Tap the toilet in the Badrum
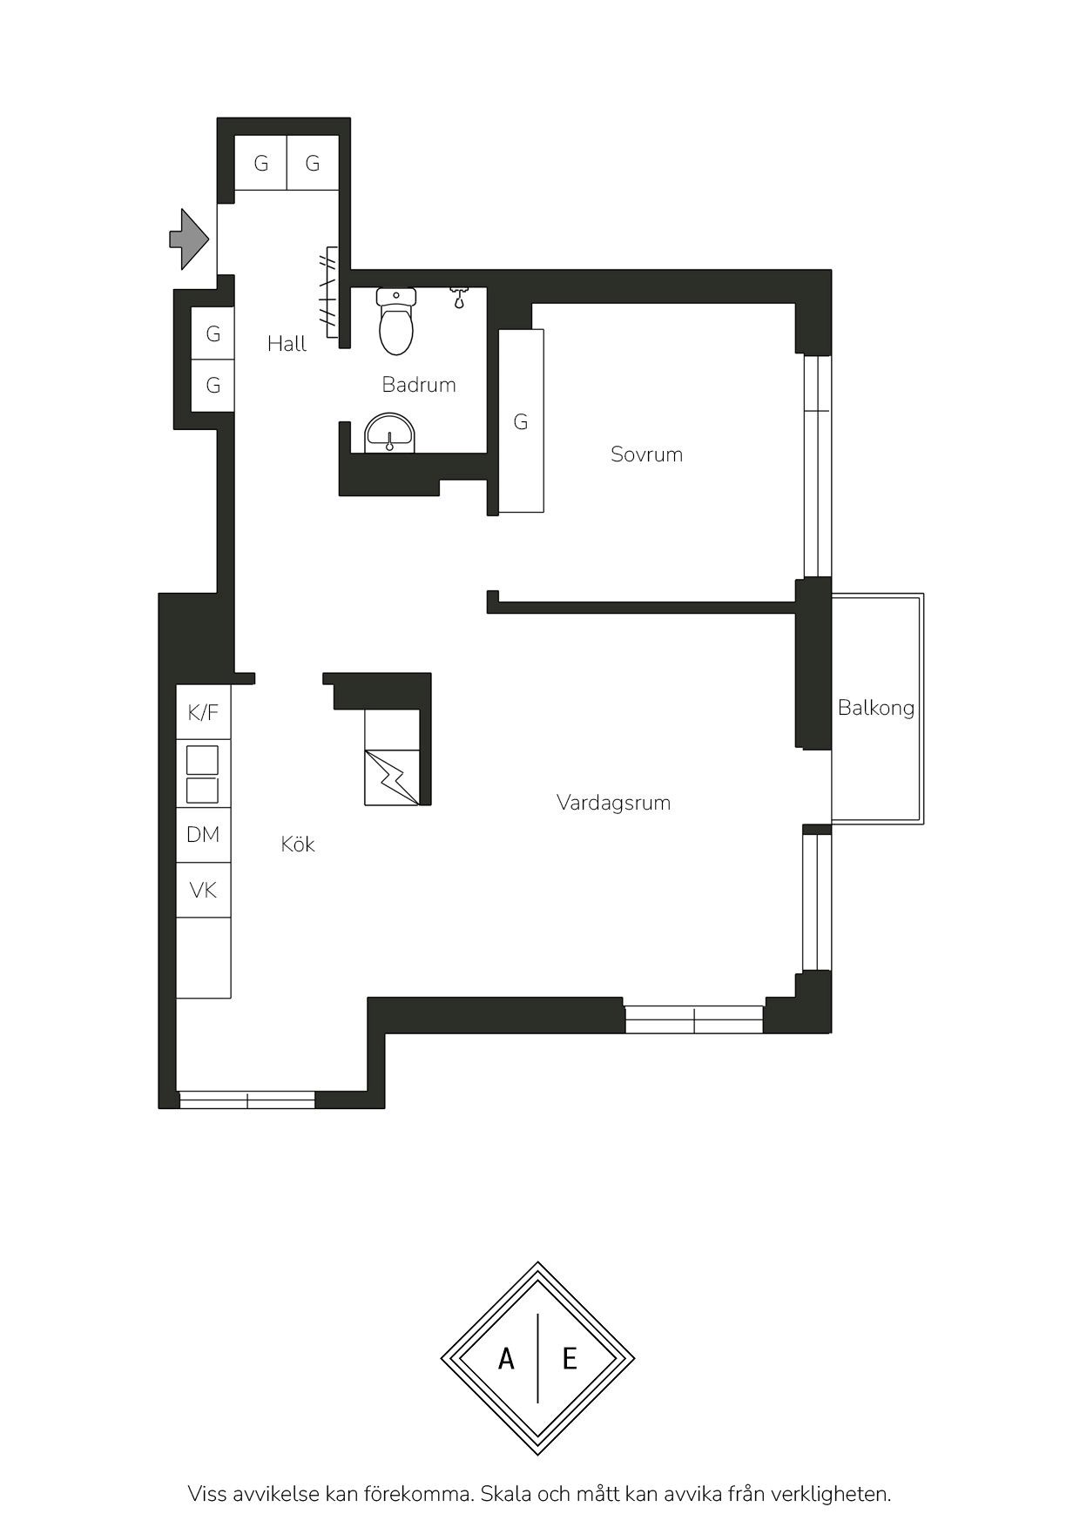point(396,321)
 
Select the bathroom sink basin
point(389,433)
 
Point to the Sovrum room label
point(646,454)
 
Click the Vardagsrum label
point(613,803)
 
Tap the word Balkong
point(876,708)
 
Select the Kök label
point(298,844)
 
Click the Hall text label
point(287,344)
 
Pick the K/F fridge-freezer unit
point(204,712)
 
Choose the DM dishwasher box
point(204,835)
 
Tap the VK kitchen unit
point(204,890)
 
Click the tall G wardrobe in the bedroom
point(521,420)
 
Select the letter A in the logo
point(506,1358)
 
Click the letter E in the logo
point(570,1358)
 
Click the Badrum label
point(419,385)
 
